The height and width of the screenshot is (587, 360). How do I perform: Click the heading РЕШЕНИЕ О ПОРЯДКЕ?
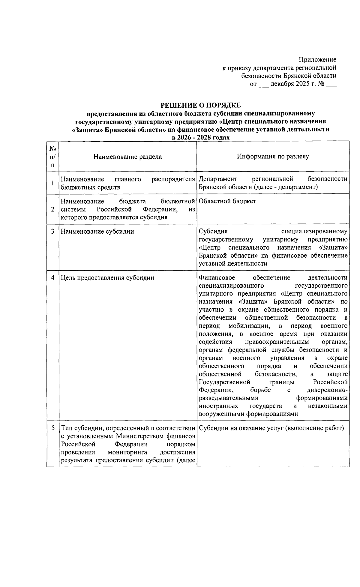[200, 105]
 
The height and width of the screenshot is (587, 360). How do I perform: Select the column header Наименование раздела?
[127, 157]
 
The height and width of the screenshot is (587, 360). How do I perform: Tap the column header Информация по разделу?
[273, 156]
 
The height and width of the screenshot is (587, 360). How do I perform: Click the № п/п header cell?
[53, 157]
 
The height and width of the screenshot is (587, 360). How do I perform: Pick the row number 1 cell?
[53, 183]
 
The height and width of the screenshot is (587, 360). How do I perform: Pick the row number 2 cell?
[53, 209]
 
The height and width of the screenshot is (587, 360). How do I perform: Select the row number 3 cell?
[53, 231]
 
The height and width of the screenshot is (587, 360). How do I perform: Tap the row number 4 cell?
[53, 277]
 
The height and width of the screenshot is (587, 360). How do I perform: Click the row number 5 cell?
[53, 428]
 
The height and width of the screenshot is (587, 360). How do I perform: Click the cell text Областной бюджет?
[227, 201]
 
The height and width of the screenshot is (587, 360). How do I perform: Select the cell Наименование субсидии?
[97, 231]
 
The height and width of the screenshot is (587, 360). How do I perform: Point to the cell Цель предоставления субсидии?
[107, 277]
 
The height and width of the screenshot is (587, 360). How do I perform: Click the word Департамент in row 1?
[218, 179]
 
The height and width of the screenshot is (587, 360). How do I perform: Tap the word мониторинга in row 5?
[128, 452]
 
